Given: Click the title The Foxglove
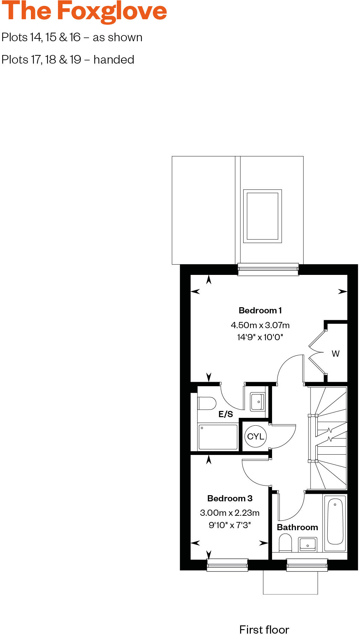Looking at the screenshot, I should [84, 11].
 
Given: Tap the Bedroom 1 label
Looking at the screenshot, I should [260, 311].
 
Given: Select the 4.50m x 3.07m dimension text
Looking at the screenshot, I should [260, 325].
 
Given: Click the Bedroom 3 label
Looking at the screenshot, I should [230, 498].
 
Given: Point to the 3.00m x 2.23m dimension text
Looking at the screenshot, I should [230, 513].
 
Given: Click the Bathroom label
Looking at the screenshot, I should [297, 527].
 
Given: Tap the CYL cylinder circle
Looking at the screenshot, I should [256, 436].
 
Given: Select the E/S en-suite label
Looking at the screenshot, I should [225, 414].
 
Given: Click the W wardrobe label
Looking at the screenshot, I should [336, 354].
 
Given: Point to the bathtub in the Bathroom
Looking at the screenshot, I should [335, 522].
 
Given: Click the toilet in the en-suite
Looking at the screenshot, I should [206, 403].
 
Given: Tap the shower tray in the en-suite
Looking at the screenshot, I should [218, 437].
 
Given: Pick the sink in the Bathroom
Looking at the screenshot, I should [307, 544].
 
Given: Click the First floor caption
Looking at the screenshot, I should [264, 629].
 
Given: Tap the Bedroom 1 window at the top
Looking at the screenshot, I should [268, 269].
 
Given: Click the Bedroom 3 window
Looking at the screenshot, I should [227, 565].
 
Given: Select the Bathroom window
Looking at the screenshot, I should [307, 565].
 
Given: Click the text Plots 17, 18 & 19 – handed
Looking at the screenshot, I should [68, 60].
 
